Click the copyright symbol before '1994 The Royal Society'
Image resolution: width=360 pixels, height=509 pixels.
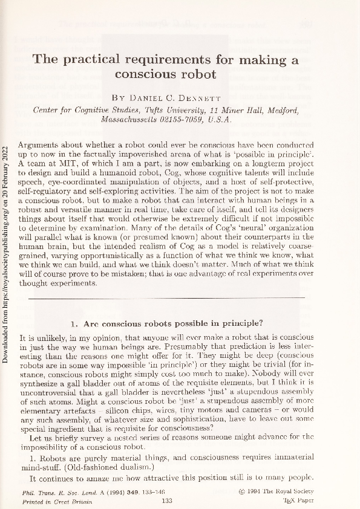(242, 493)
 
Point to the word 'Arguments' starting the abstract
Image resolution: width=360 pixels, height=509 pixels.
(41, 146)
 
